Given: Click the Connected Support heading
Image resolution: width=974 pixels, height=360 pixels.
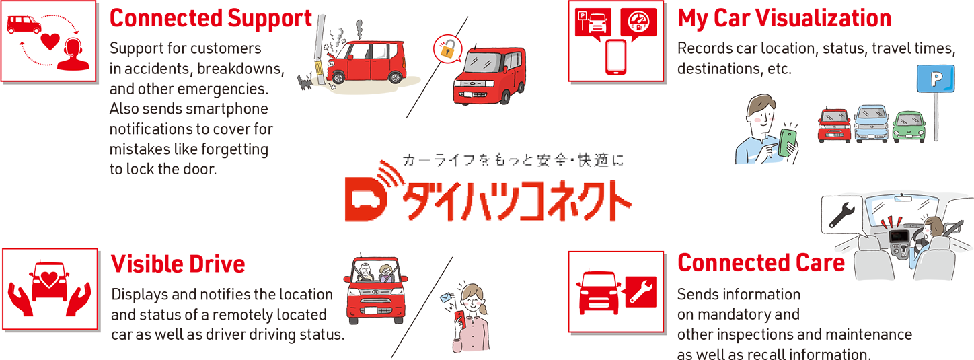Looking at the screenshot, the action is pos(211,19).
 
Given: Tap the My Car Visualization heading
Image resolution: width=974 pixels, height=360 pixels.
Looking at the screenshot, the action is pos(784,19).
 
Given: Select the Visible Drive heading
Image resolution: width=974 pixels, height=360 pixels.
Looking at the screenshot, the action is pos(178,264).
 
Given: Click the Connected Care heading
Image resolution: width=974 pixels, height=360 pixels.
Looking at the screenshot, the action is pos(761,263).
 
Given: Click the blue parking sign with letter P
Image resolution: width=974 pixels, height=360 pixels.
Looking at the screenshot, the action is pos(936,79).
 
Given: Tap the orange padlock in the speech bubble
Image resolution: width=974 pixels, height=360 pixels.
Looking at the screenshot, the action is pos(448,49).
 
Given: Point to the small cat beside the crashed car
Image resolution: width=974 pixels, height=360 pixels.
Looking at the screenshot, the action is pos(305,81).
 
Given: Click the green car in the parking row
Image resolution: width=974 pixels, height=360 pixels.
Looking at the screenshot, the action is pos(909,127).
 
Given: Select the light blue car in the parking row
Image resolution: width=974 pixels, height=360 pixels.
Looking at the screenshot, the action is pos(871,124).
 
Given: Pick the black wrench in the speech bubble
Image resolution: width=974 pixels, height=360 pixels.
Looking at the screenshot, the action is pos(841,215).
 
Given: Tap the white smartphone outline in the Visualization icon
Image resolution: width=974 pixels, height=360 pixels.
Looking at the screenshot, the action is pos(616,57).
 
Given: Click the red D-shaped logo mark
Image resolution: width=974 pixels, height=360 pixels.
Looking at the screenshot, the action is pos(365,199).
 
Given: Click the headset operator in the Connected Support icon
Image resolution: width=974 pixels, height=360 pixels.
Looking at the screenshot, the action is pos(73,54).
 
